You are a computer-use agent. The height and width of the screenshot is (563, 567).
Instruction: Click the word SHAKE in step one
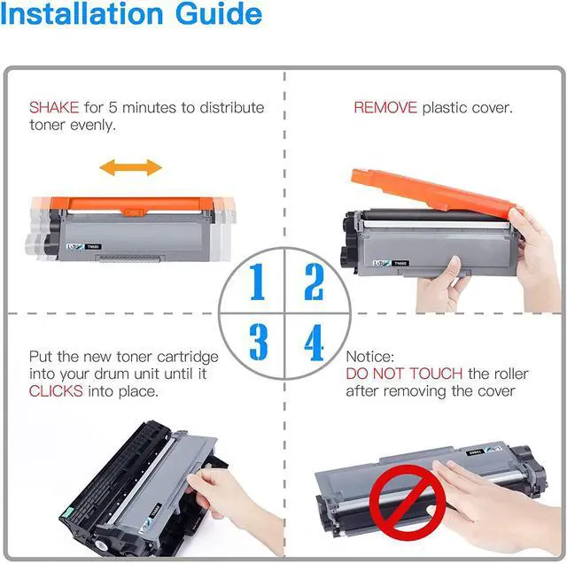click(x=54, y=108)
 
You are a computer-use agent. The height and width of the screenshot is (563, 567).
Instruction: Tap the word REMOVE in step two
click(x=385, y=108)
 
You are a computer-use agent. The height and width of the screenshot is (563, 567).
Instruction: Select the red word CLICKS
click(x=56, y=391)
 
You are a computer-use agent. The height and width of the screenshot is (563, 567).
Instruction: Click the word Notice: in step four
click(x=370, y=357)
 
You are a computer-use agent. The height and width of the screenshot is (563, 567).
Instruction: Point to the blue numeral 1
click(x=258, y=281)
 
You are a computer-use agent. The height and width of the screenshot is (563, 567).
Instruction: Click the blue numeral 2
click(x=314, y=281)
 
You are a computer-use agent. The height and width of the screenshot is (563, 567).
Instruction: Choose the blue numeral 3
click(x=259, y=342)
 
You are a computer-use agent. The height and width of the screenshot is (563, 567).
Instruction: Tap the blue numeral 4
click(x=314, y=343)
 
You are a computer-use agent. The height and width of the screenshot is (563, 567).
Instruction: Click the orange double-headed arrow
click(x=131, y=167)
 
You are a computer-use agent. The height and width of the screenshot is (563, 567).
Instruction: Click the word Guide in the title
click(x=219, y=14)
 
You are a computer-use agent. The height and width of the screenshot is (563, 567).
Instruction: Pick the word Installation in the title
click(x=82, y=14)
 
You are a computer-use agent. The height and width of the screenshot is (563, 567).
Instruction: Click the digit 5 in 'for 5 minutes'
click(x=113, y=108)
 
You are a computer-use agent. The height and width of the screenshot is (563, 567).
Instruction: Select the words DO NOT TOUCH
click(x=404, y=374)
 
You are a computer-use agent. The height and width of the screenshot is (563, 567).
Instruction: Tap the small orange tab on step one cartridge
click(x=134, y=212)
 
